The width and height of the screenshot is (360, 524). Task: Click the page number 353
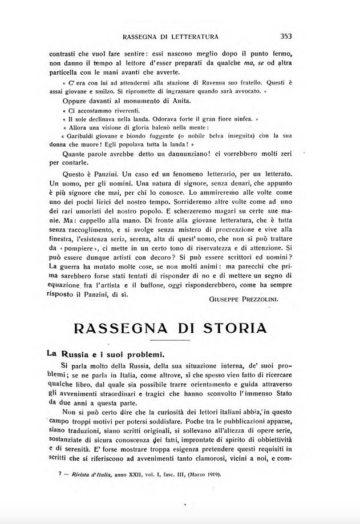[x=286, y=37]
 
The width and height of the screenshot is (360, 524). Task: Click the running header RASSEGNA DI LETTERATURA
[x=171, y=37]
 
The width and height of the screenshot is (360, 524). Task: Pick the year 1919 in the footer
[x=208, y=474]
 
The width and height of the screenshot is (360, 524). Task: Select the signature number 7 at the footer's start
[x=52, y=474]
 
